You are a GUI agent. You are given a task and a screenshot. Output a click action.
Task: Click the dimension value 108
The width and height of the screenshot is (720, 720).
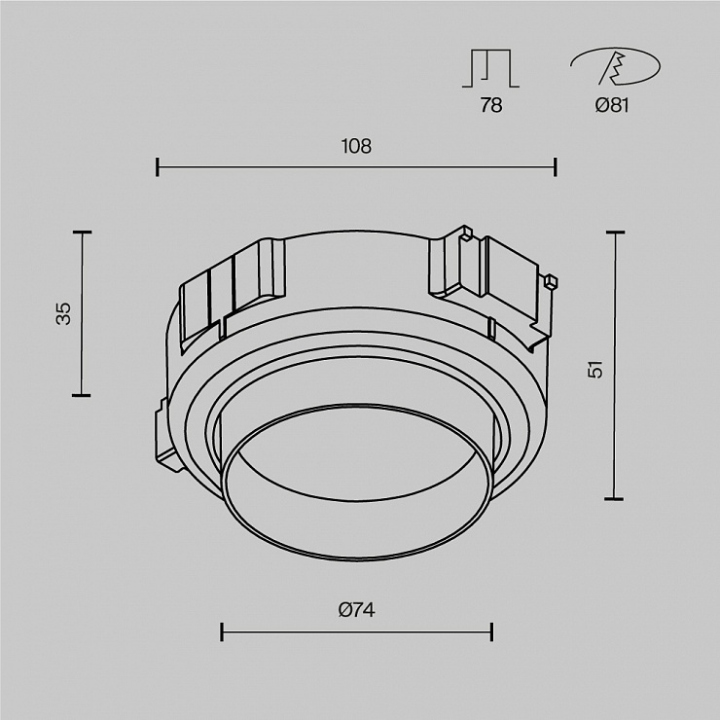coord(356,147)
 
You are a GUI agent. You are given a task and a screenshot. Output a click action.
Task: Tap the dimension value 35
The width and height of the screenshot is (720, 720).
coord(64,313)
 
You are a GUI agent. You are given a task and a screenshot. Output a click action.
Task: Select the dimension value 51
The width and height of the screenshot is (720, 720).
coord(595,370)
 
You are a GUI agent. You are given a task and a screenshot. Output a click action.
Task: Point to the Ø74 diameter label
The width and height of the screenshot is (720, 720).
coord(357,610)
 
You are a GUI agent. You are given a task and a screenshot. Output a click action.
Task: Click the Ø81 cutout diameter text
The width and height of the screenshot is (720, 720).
coord(612,106)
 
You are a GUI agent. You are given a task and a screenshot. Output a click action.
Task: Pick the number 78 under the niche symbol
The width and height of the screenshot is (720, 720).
coord(491,106)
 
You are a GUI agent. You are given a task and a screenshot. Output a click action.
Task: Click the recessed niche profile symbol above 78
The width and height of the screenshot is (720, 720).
coord(491,68)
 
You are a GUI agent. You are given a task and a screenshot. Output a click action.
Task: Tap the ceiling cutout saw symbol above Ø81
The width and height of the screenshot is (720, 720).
coord(615,66)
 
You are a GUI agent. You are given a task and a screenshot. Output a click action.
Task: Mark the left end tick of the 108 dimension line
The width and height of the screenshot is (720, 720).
coord(158,167)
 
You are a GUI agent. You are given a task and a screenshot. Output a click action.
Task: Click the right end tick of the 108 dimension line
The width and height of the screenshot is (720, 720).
coord(556,167)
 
